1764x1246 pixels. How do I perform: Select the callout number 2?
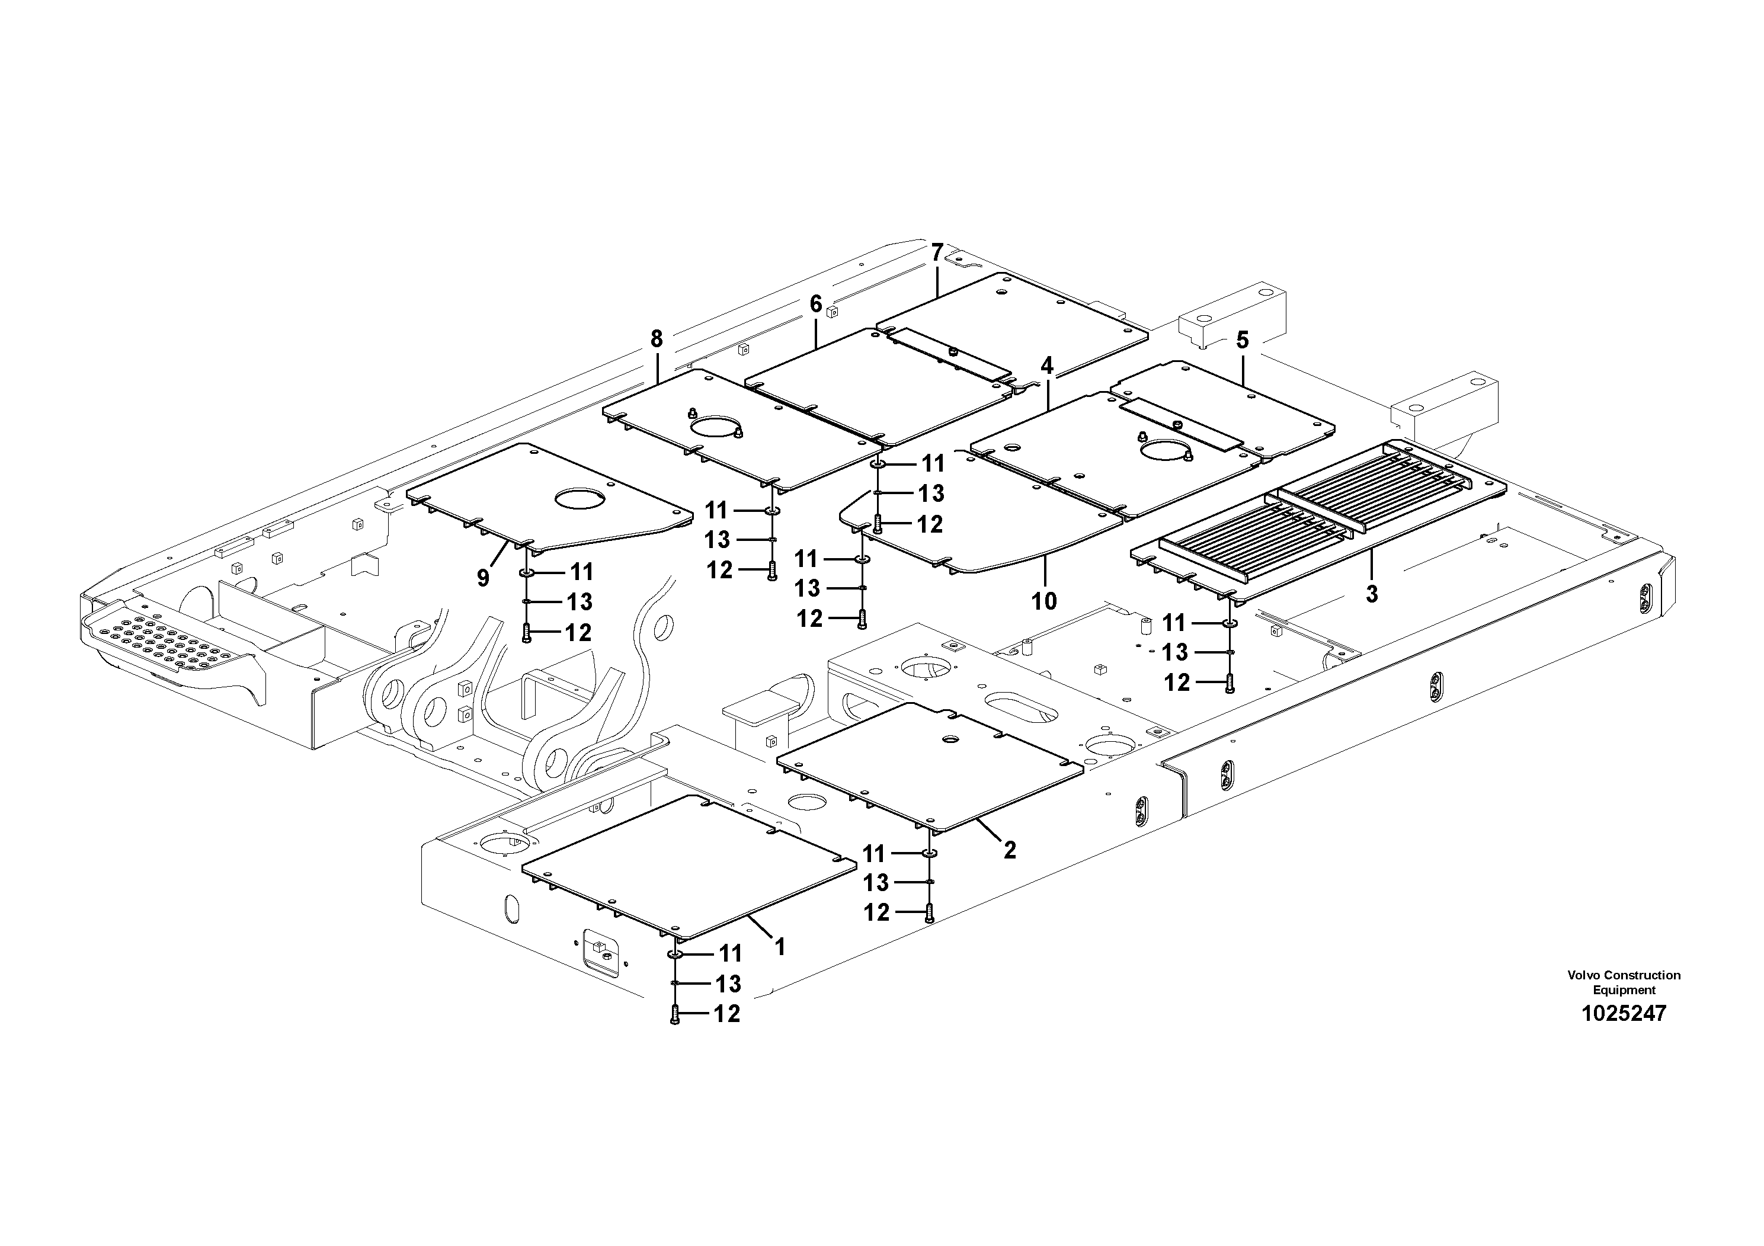tap(1010, 850)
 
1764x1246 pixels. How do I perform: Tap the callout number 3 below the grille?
tap(1371, 593)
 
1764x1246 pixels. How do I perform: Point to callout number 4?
tap(1046, 365)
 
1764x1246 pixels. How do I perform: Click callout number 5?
tap(1243, 339)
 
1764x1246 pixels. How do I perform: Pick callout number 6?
tap(815, 303)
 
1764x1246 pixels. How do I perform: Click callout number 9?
tap(482, 578)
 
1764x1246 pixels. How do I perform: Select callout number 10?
tap(1044, 601)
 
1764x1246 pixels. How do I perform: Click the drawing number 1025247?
tap(1624, 1014)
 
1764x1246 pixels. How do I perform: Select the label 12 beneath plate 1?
tap(727, 1014)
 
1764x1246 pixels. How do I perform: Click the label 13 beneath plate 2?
tap(876, 883)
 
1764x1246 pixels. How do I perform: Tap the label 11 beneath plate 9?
tap(582, 572)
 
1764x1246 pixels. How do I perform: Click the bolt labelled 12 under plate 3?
tap(1230, 682)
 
